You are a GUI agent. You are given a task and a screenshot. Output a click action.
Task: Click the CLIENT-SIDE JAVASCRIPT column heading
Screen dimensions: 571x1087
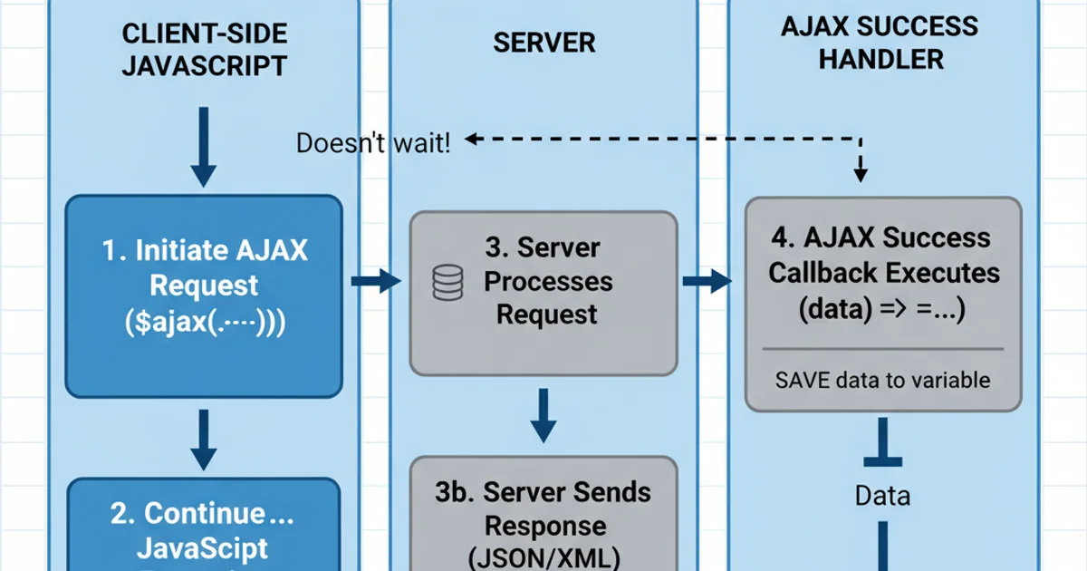(x=204, y=50)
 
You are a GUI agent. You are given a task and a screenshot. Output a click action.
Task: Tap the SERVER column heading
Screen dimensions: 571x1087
(x=544, y=43)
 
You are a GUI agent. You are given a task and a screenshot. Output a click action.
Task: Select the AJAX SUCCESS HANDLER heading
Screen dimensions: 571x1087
(x=879, y=43)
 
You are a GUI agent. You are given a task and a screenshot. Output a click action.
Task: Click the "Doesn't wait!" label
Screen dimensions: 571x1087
(x=372, y=143)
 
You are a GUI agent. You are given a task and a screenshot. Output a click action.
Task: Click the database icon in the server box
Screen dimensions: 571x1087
(x=447, y=282)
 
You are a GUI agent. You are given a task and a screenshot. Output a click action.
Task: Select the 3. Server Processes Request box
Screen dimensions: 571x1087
(x=543, y=292)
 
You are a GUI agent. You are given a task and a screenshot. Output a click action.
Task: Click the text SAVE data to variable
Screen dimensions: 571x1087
(x=883, y=380)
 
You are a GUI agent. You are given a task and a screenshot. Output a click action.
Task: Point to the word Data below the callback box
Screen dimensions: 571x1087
(x=882, y=496)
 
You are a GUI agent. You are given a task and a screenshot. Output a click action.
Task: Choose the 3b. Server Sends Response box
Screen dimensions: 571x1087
(x=543, y=512)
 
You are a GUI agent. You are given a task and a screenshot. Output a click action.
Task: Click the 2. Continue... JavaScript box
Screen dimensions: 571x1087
(x=204, y=526)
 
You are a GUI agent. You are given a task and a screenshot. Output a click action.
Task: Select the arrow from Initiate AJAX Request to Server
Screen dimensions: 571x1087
(x=374, y=282)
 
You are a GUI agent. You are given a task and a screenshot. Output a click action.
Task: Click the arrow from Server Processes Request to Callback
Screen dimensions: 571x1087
(x=707, y=282)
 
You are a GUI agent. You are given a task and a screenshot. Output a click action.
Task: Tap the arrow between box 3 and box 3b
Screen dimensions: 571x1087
(x=543, y=414)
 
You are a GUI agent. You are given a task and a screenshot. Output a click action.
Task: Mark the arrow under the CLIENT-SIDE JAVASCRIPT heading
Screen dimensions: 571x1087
(x=205, y=145)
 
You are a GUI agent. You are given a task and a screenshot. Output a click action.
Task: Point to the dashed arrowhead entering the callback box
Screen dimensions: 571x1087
(x=861, y=172)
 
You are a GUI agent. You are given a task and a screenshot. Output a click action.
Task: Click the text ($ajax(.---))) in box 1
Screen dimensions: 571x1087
(x=204, y=324)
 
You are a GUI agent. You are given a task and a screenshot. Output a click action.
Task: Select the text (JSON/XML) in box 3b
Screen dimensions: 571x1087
(x=543, y=556)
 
